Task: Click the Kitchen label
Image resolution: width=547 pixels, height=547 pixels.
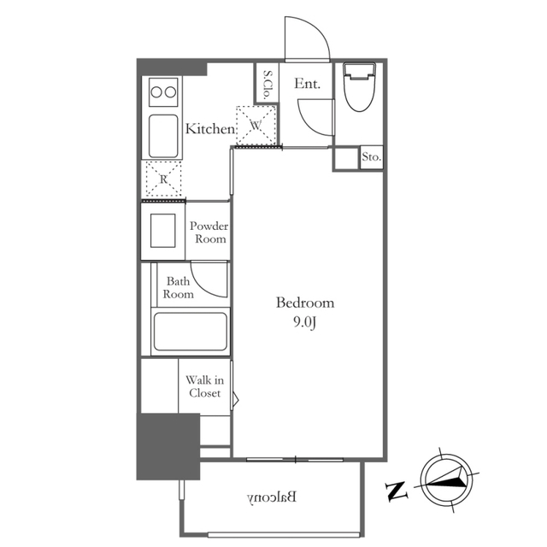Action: tap(210, 129)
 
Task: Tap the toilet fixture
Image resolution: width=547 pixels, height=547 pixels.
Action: tap(359, 87)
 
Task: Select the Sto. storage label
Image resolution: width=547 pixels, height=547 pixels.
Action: tap(371, 157)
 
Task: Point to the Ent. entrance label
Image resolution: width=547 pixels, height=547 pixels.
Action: tap(307, 84)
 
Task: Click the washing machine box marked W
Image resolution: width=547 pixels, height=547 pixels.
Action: tap(256, 126)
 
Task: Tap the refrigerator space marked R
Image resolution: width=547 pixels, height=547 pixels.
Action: tap(163, 179)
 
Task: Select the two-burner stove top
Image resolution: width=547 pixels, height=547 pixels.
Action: tap(163, 92)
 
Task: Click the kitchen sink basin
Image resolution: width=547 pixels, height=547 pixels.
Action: tap(163, 137)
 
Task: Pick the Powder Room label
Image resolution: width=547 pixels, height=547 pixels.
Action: tap(209, 232)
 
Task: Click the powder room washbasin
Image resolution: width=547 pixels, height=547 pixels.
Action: tap(163, 231)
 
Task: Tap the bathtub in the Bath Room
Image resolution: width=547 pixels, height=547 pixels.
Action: tap(190, 332)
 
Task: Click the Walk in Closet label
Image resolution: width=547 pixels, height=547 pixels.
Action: tap(205, 386)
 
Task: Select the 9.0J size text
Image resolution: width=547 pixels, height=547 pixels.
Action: tap(305, 323)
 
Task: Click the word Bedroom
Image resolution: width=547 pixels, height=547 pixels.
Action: tap(305, 303)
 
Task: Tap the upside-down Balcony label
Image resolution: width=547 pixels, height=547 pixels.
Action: tap(272, 497)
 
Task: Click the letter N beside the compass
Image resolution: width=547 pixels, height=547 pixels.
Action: tap(397, 491)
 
